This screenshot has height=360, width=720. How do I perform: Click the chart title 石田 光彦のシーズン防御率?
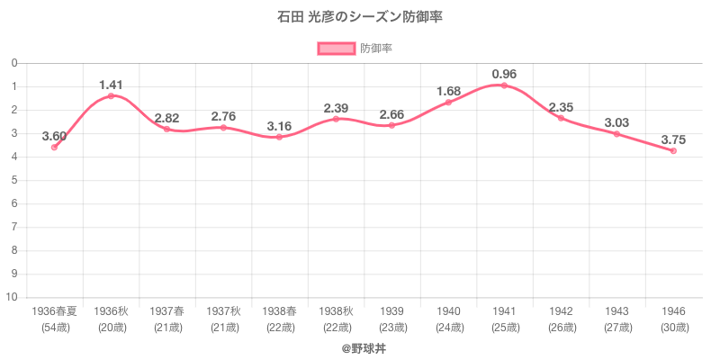pos(360,17)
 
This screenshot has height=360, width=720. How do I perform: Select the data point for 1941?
pos(504,85)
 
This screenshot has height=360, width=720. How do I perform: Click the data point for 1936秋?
pos(111,95)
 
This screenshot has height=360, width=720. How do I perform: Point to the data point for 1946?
pos(673,150)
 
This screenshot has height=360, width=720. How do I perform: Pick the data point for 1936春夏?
pos(54,147)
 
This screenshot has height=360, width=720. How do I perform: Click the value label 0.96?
pos(504,73)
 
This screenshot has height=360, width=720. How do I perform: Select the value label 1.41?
pos(111,85)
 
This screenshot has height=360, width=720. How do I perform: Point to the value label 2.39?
pos(336,108)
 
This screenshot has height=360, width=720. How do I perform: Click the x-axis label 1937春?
pos(166,310)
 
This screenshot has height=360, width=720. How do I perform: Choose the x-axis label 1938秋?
pos(336,310)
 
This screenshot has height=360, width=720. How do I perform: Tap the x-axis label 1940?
pos(448,310)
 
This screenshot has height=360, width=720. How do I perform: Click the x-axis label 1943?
pos(616,310)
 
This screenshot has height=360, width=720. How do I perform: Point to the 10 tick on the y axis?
pos(14,297)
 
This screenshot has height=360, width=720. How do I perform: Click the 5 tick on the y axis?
pos(15,180)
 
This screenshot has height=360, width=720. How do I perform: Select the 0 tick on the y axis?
pos(15,63)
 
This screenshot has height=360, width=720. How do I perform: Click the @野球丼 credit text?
pos(360,346)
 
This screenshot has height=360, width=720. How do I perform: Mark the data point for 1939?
pos(391,125)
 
